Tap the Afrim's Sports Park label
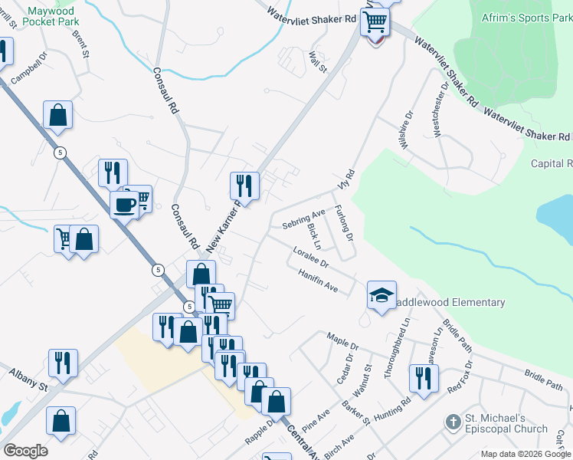tap(528, 17)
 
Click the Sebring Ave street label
tap(304, 218)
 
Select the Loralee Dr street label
tap(310, 257)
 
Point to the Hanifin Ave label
tap(318, 281)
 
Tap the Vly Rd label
tap(347, 181)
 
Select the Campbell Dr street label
tap(29, 70)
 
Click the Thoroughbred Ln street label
tap(399, 343)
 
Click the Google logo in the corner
tap(25, 451)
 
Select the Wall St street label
tap(317, 61)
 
